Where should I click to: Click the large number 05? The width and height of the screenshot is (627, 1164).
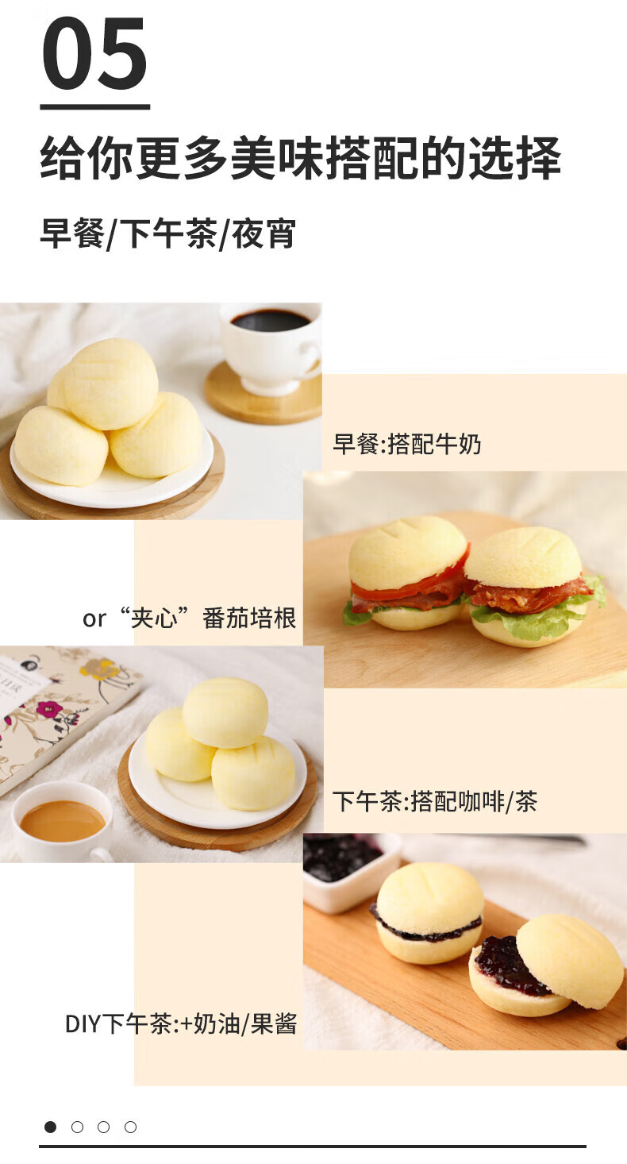tap(94, 52)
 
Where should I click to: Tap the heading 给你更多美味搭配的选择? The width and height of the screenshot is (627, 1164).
tap(301, 158)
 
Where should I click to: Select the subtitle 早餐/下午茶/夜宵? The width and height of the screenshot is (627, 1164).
tap(167, 234)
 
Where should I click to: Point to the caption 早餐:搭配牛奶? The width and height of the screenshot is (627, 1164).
tap(406, 444)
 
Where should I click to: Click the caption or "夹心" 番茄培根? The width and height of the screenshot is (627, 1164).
tap(190, 618)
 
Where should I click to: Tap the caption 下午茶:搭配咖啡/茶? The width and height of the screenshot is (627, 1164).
tap(435, 801)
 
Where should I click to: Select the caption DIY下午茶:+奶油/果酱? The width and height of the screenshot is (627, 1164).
tap(181, 1023)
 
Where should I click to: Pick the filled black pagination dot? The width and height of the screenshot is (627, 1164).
tap(50, 1127)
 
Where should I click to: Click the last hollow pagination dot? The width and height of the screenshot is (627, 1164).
tap(130, 1127)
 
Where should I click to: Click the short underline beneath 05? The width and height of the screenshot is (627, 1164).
tap(95, 107)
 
